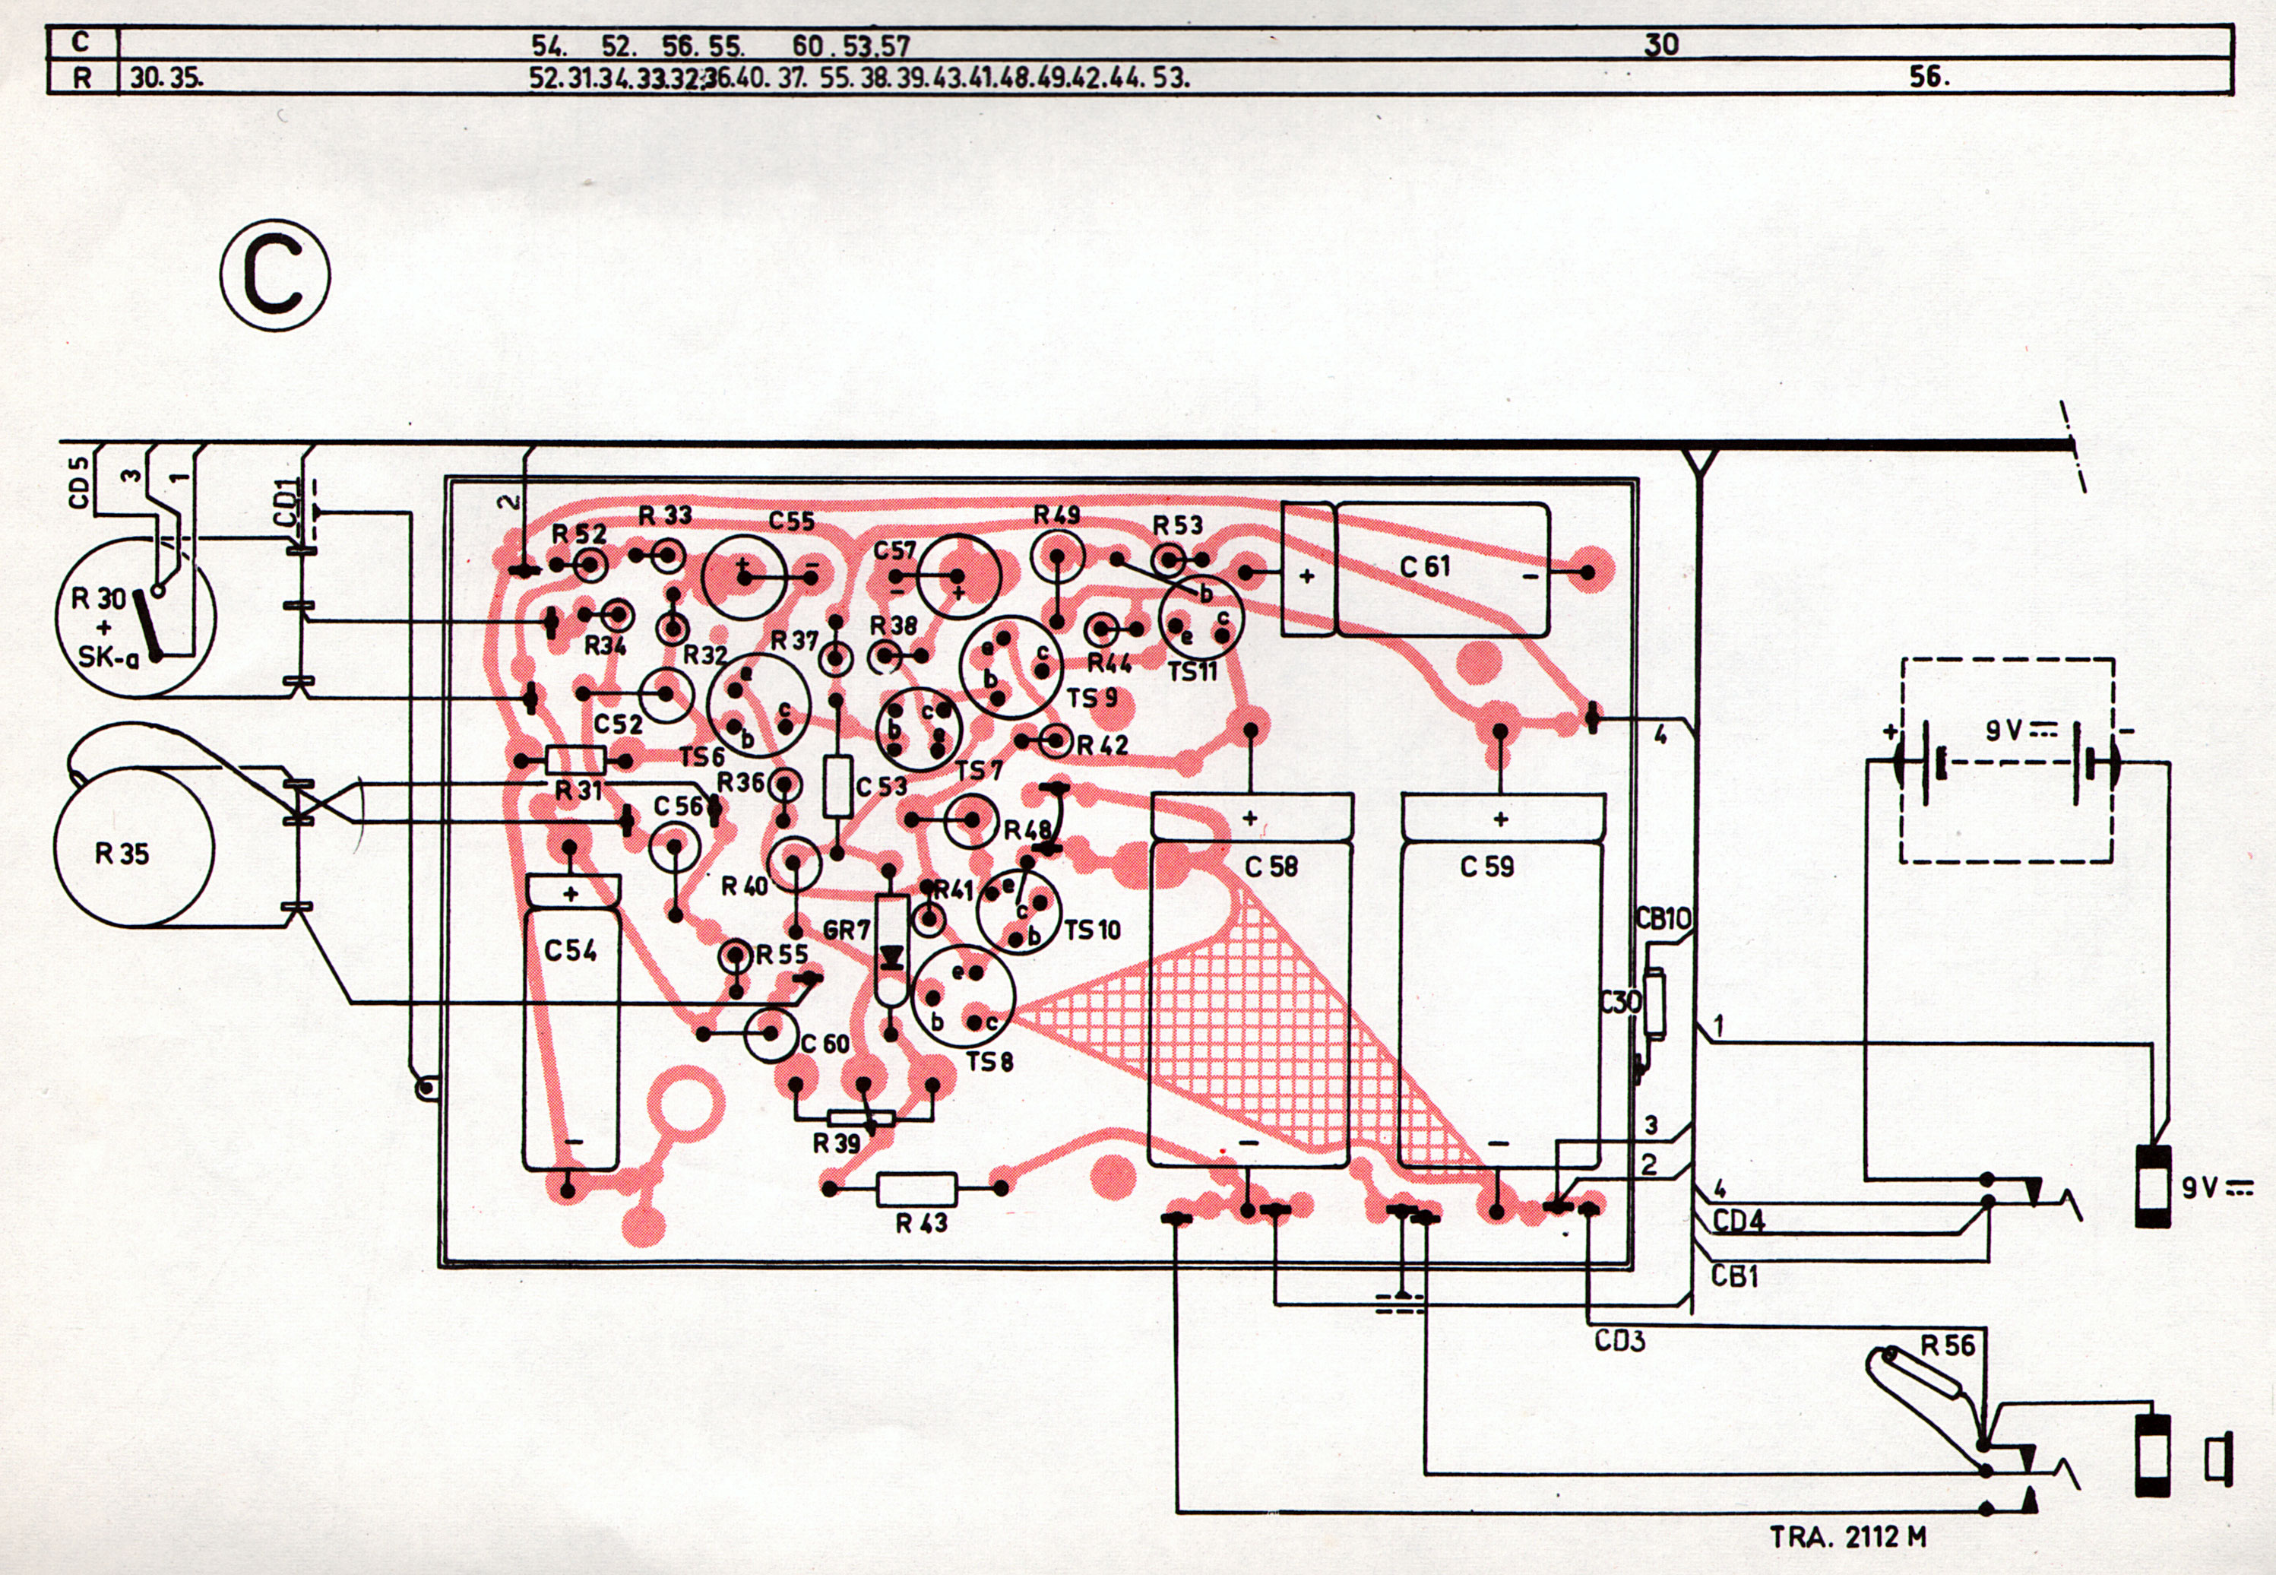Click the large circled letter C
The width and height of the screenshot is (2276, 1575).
coord(275,275)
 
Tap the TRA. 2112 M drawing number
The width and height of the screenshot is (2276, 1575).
coord(1847,1536)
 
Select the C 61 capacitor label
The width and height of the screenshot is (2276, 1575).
coord(1425,566)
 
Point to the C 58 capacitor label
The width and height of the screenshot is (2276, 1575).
coord(1271,867)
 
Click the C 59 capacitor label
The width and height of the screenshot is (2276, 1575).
coord(1486,867)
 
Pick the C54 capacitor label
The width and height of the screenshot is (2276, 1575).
coord(570,950)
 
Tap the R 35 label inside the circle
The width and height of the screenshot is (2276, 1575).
coord(122,853)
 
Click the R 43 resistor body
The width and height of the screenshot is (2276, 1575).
coord(916,1189)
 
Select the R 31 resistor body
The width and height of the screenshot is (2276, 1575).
coord(575,760)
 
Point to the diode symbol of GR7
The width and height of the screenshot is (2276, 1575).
coord(893,956)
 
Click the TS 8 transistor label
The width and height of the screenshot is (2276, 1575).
coord(989,1062)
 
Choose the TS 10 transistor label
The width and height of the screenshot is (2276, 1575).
coord(1092,930)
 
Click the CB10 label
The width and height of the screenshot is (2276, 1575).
coord(1663,919)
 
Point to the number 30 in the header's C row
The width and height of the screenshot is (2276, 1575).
coord(1661,44)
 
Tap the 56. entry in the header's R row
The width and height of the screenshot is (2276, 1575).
coord(1929,77)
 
